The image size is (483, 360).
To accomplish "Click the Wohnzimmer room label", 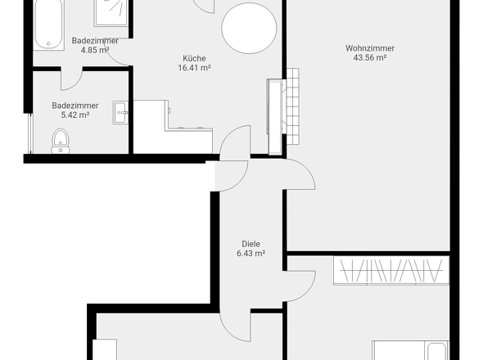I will [x=369, y=47].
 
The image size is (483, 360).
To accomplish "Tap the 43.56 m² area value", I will [x=369, y=58].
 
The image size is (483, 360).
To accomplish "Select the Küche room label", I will [x=194, y=58].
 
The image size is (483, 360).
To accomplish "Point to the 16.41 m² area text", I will [x=194, y=69].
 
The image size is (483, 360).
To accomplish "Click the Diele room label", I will [x=251, y=243].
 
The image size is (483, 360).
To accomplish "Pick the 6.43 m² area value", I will [x=251, y=254].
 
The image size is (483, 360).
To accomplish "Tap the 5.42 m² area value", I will [x=74, y=115].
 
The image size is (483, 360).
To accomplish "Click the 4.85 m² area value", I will [x=95, y=50].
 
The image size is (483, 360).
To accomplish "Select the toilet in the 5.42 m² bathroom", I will [x=61, y=142].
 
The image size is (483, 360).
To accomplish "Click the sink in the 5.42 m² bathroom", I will [x=121, y=113].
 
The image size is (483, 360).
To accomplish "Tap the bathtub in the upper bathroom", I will [x=49, y=23].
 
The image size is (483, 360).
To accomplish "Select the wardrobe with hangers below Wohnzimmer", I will [x=390, y=269].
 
